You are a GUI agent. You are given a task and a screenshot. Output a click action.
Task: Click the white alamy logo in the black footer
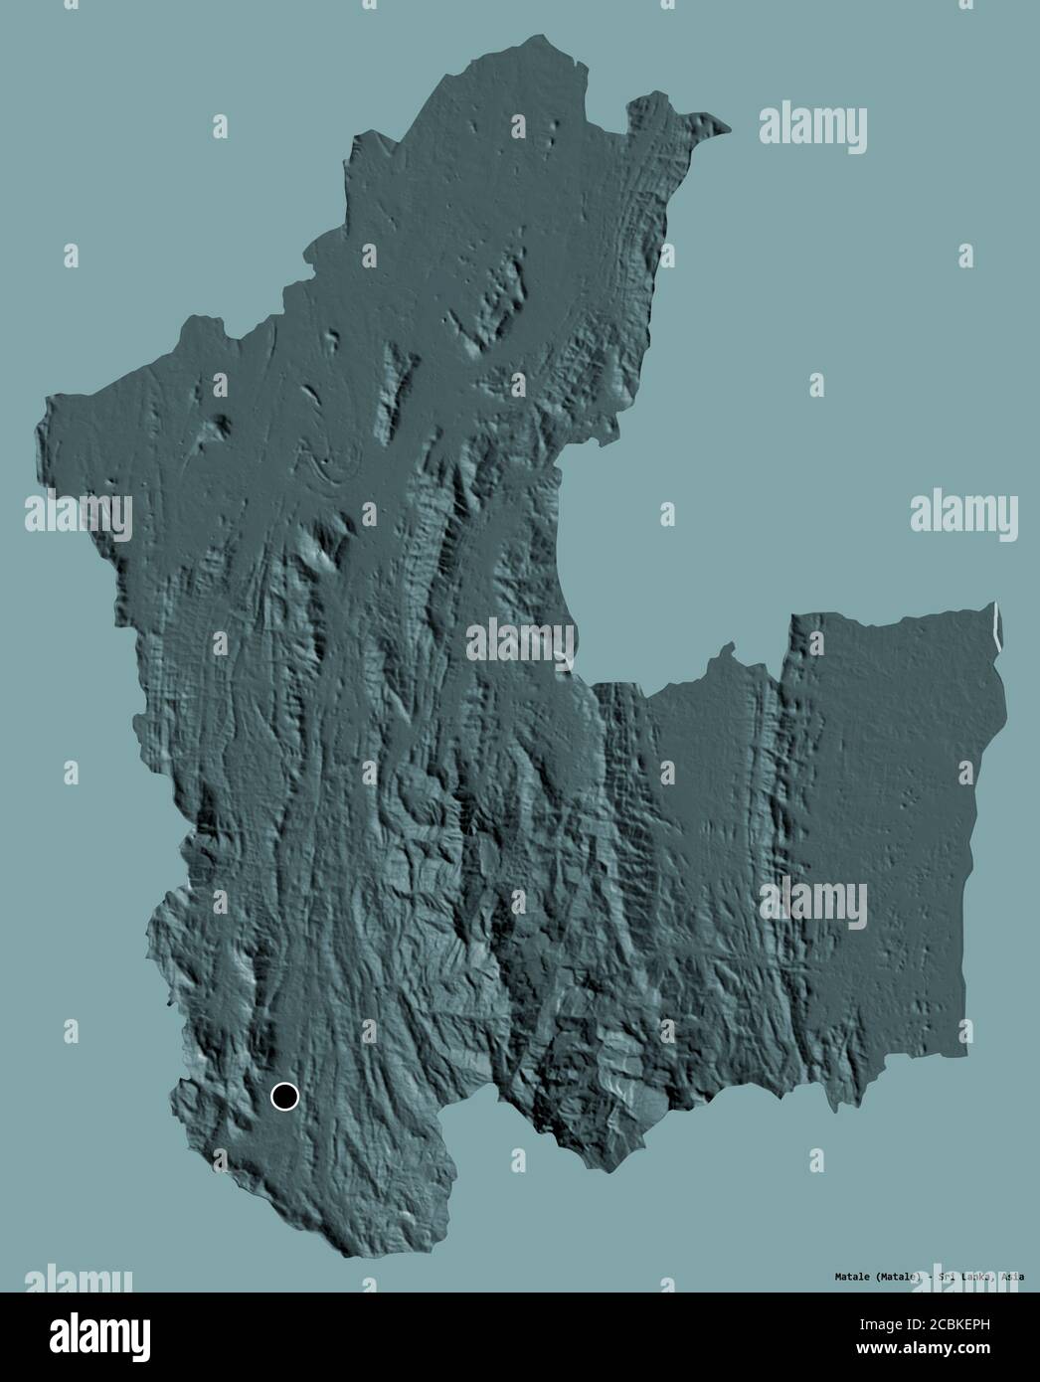[x=103, y=1335]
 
